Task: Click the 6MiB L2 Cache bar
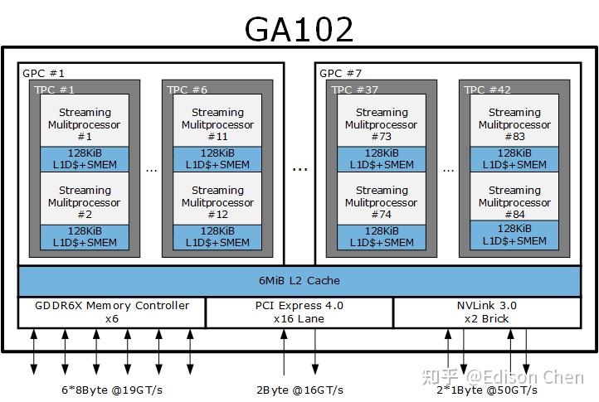(299, 281)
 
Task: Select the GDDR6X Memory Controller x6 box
(112, 312)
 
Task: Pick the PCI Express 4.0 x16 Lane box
(299, 312)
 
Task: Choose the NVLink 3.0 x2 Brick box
(487, 312)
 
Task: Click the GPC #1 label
(44, 73)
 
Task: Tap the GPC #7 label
(341, 73)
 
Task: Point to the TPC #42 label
(487, 90)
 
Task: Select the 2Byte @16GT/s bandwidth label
(299, 390)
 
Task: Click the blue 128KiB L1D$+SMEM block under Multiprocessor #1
(84, 159)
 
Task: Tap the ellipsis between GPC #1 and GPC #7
(299, 167)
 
